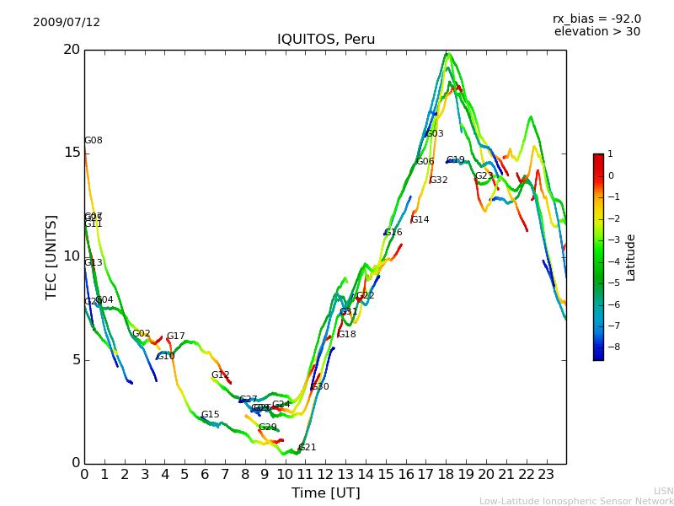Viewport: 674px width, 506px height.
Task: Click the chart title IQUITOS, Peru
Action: [x=326, y=40]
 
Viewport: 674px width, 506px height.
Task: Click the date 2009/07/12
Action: [x=67, y=23]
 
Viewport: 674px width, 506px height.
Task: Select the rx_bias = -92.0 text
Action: [x=596, y=19]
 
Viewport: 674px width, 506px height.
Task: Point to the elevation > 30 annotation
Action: [x=596, y=32]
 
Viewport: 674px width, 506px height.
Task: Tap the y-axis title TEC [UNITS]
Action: [x=52, y=256]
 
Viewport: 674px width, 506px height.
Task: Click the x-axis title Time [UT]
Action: [x=325, y=493]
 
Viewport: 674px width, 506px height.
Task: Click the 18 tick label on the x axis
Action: [x=447, y=474]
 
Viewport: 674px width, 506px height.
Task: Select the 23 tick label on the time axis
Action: [x=547, y=474]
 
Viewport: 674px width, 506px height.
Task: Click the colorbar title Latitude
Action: [x=631, y=257]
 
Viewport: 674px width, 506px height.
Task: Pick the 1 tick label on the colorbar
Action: [x=611, y=154]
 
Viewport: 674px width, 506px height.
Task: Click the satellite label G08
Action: [x=94, y=141]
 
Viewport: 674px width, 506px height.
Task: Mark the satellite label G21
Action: [x=308, y=448]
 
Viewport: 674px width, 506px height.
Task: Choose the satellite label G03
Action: [x=435, y=134]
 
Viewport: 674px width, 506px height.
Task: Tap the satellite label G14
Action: [x=420, y=220]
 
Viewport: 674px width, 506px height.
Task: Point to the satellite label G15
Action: [x=211, y=415]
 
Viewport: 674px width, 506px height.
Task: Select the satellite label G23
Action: [x=484, y=176]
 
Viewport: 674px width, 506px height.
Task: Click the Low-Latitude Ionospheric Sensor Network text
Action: [x=576, y=502]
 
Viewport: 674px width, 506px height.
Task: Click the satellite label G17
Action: [x=176, y=336]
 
